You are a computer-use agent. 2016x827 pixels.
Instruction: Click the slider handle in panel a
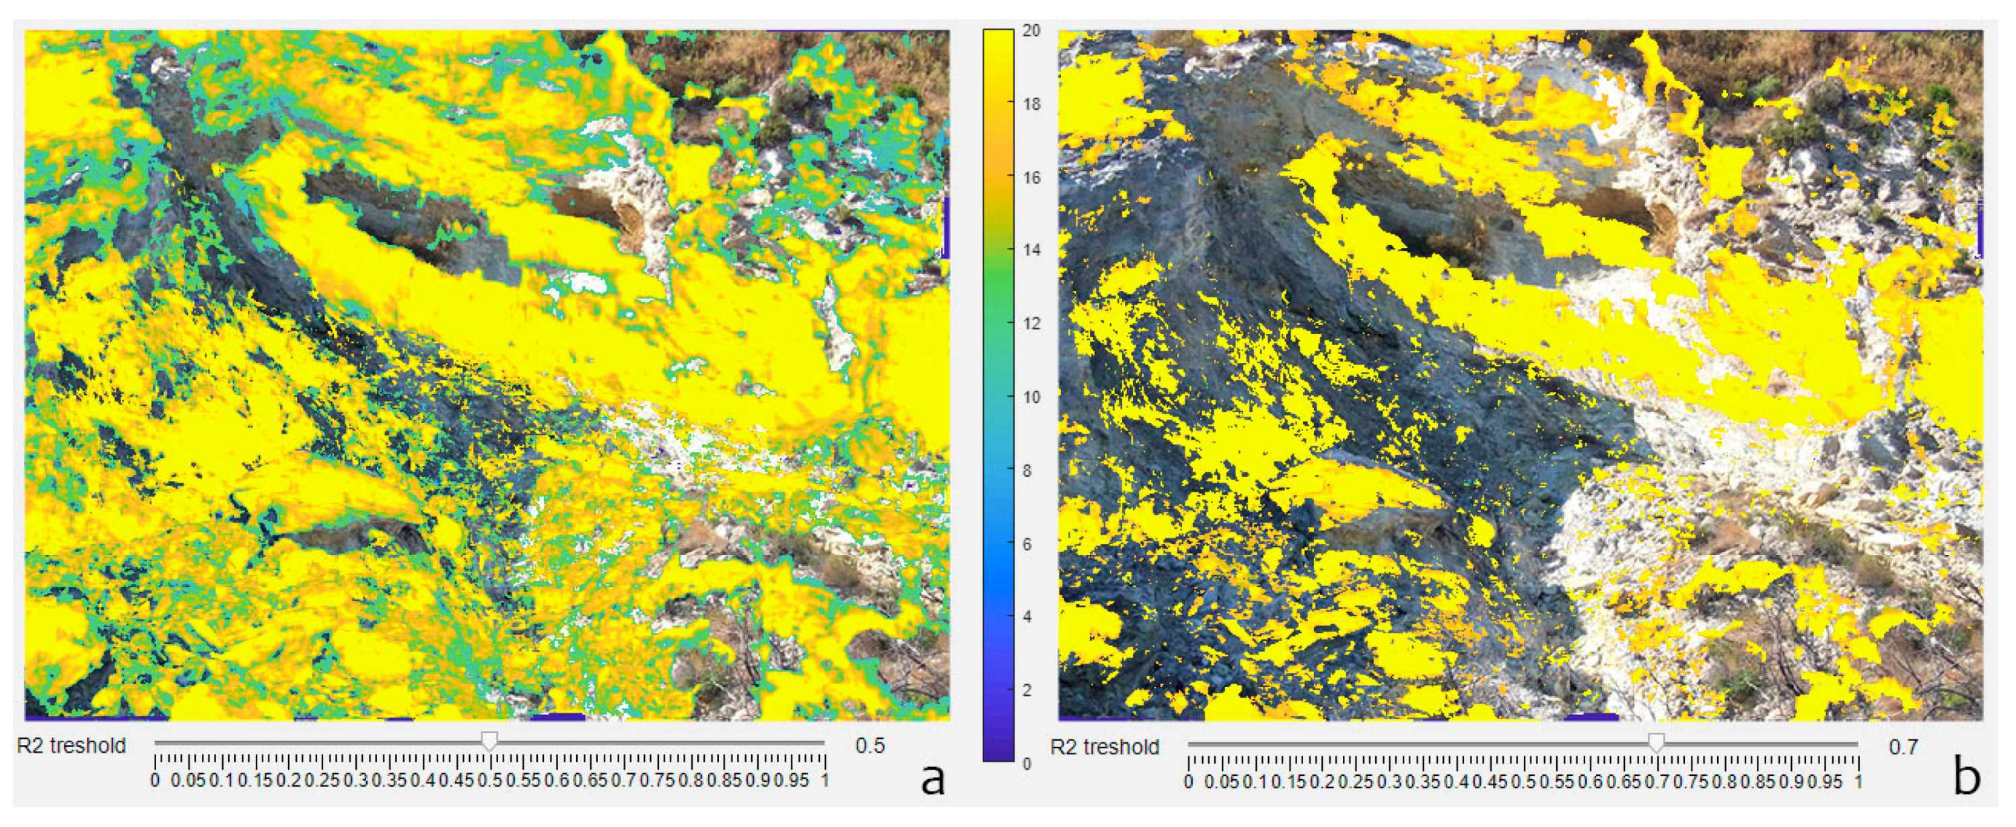[489, 740]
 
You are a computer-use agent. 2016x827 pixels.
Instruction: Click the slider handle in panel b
[1656, 741]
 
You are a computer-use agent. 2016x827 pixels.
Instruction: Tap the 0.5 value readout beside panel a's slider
[870, 746]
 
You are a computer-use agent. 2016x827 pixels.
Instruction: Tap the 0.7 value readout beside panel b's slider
[1904, 746]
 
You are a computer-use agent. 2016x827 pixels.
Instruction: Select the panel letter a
[932, 778]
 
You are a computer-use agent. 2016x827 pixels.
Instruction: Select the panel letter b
[1966, 778]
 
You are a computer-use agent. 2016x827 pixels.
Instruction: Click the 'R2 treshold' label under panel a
[71, 746]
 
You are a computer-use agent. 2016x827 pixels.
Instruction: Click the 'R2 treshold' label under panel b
[1105, 746]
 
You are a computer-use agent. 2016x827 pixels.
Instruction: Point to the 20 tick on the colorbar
[1031, 30]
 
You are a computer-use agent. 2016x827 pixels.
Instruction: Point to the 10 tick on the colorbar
[1031, 397]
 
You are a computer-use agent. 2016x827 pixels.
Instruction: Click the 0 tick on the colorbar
[1026, 764]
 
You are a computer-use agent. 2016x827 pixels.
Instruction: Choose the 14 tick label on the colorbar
[1031, 251]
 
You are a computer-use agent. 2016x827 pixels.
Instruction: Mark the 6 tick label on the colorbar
[1026, 543]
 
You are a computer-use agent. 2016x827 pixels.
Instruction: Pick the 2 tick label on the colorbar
[1026, 690]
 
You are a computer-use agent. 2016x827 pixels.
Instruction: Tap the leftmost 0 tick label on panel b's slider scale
[1189, 781]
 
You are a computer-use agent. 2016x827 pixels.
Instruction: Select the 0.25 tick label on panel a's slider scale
[320, 780]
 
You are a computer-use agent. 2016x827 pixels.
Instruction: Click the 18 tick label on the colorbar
[1031, 104]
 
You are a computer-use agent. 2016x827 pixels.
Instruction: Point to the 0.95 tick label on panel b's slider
[1826, 781]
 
